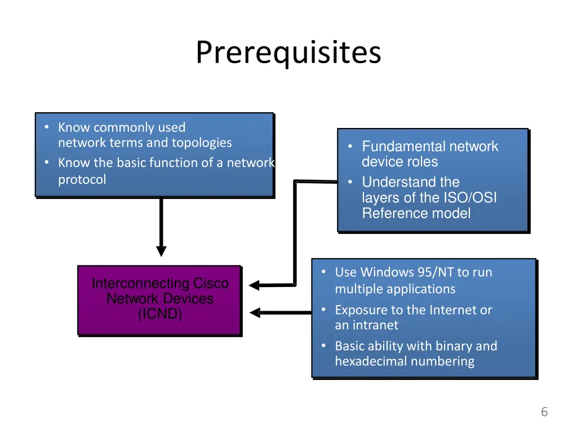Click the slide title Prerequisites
click(288, 52)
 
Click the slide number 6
click(544, 412)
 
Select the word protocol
click(82, 180)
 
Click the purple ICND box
click(159, 301)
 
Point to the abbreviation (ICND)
click(160, 314)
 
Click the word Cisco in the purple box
click(211, 283)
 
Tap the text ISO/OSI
click(471, 198)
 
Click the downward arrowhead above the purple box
click(161, 251)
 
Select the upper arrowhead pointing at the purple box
click(254, 285)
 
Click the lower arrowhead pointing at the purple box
click(255, 313)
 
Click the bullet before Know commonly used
click(47, 127)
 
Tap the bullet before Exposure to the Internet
click(323, 310)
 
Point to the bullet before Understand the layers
click(350, 182)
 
